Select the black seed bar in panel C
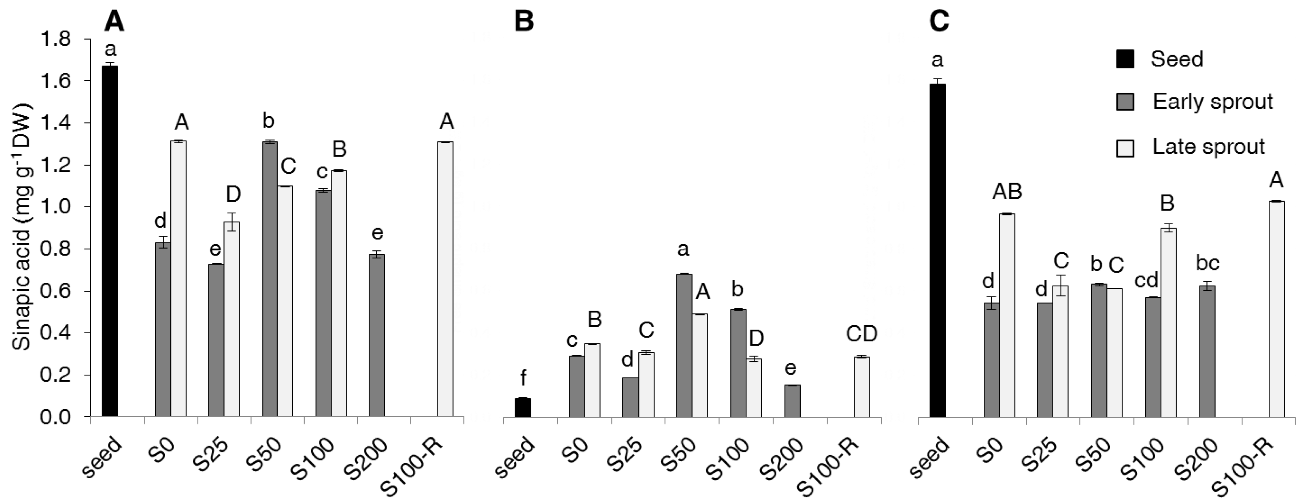pos(938,250)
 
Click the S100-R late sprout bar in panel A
pos(445,279)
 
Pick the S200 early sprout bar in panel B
pos(793,401)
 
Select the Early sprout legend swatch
pos(1125,102)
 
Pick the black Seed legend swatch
pos(1125,59)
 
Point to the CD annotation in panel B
pos(861,334)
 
